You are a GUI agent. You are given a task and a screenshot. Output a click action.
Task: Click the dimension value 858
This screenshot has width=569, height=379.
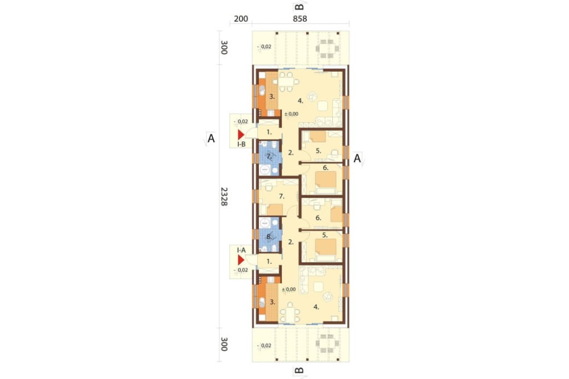click(300, 19)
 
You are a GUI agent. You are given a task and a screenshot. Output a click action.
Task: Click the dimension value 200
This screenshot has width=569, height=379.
click(241, 19)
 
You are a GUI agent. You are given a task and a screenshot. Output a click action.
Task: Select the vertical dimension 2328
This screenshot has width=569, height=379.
click(224, 196)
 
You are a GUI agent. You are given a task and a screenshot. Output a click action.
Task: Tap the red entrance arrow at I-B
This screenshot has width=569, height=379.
click(241, 135)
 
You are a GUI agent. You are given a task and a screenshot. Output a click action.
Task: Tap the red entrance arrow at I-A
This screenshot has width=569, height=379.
click(241, 260)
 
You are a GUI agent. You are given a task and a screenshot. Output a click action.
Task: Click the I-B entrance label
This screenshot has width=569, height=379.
click(241, 145)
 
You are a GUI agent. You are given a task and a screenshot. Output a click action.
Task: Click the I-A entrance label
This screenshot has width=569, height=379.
click(241, 250)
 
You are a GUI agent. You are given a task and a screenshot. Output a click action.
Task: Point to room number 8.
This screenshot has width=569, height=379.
click(269, 237)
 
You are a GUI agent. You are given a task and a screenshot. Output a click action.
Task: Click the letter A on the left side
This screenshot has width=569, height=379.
click(211, 138)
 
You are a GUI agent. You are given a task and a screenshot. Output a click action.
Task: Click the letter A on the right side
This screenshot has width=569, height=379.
click(357, 158)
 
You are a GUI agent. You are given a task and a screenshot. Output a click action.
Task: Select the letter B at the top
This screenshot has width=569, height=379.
click(299, 6)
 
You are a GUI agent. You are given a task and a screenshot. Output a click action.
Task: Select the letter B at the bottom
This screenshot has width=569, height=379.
click(299, 370)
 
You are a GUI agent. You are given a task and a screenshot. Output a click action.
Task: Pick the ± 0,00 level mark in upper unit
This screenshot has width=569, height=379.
click(291, 114)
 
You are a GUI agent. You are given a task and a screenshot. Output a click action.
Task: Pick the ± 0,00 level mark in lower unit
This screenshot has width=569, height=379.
click(289, 289)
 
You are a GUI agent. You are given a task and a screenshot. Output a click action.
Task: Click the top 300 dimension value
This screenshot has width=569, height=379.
click(224, 48)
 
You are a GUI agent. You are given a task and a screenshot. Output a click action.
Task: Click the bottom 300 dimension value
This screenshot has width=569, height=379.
click(224, 344)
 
